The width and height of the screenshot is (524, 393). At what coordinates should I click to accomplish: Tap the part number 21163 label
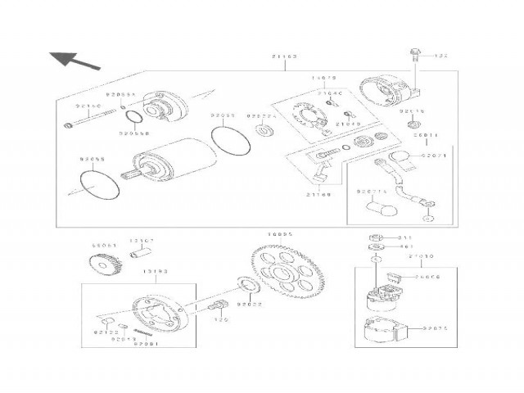tap(284, 56)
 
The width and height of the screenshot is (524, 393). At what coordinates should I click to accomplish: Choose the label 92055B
tap(133, 133)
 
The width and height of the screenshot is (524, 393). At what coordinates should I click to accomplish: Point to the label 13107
tap(141, 242)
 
